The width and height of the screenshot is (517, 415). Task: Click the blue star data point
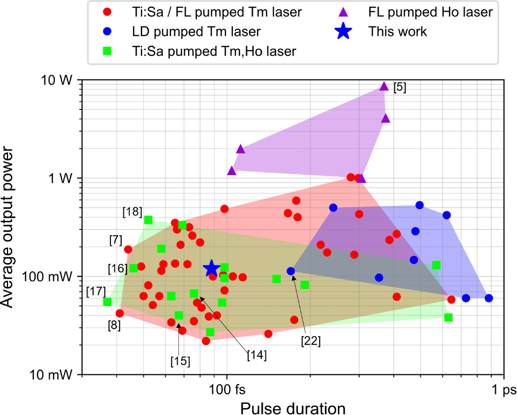point(211,268)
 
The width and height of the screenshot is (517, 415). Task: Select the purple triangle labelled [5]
point(384,86)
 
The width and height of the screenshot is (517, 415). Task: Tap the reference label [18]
point(132,212)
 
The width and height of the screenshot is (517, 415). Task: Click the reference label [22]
point(311,341)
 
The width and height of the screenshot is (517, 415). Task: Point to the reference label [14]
point(257,355)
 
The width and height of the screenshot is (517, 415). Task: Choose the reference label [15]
point(180,361)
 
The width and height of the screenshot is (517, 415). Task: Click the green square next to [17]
point(107,302)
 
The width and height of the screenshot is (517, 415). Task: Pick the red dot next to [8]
point(120,313)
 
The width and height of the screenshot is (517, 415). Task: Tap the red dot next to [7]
point(128,249)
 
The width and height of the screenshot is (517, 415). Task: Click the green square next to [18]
point(148,220)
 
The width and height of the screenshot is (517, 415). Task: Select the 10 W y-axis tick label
point(57,80)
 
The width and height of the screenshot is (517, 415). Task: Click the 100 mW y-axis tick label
point(47,277)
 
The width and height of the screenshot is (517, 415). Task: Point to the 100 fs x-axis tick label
point(227,389)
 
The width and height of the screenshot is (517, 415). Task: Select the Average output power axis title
point(7,227)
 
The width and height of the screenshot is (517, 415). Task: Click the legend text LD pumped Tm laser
point(196,32)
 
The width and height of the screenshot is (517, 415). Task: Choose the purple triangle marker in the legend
point(343,12)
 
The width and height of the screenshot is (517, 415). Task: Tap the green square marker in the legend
point(107,51)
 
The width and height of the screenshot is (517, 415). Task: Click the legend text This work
point(398,32)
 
